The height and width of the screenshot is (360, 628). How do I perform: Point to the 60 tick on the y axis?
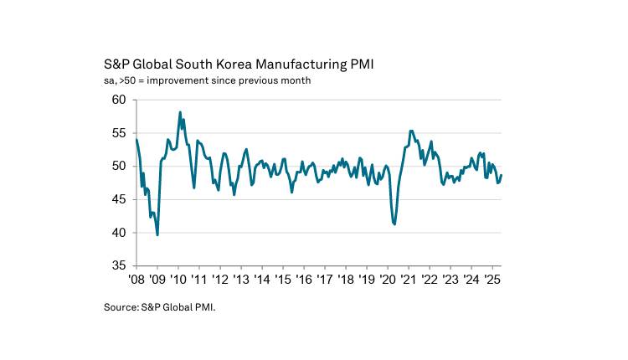point(118,100)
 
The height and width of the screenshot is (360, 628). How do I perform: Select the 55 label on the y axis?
point(118,133)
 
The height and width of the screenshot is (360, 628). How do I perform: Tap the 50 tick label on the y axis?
point(118,166)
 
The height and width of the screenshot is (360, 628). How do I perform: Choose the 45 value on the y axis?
point(118,199)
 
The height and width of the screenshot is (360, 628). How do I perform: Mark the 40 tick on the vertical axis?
point(118,232)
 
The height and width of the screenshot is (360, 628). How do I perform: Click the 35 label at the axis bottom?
point(118,265)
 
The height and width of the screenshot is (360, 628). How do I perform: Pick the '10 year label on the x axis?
point(178,279)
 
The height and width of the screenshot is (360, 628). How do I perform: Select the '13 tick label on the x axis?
point(241,279)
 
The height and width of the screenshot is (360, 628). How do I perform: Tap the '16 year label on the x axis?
point(304,279)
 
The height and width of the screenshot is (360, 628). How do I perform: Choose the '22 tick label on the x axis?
point(430,279)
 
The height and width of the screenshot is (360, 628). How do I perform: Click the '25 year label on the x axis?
point(492,279)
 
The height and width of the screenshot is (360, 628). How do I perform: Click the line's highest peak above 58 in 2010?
point(180,112)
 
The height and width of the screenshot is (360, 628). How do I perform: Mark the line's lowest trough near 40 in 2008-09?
point(157,234)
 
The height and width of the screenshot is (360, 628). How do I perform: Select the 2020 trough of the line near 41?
point(394,224)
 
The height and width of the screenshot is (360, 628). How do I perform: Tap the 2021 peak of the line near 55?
point(411,131)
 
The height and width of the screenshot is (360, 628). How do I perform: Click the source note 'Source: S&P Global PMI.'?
point(159,308)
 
